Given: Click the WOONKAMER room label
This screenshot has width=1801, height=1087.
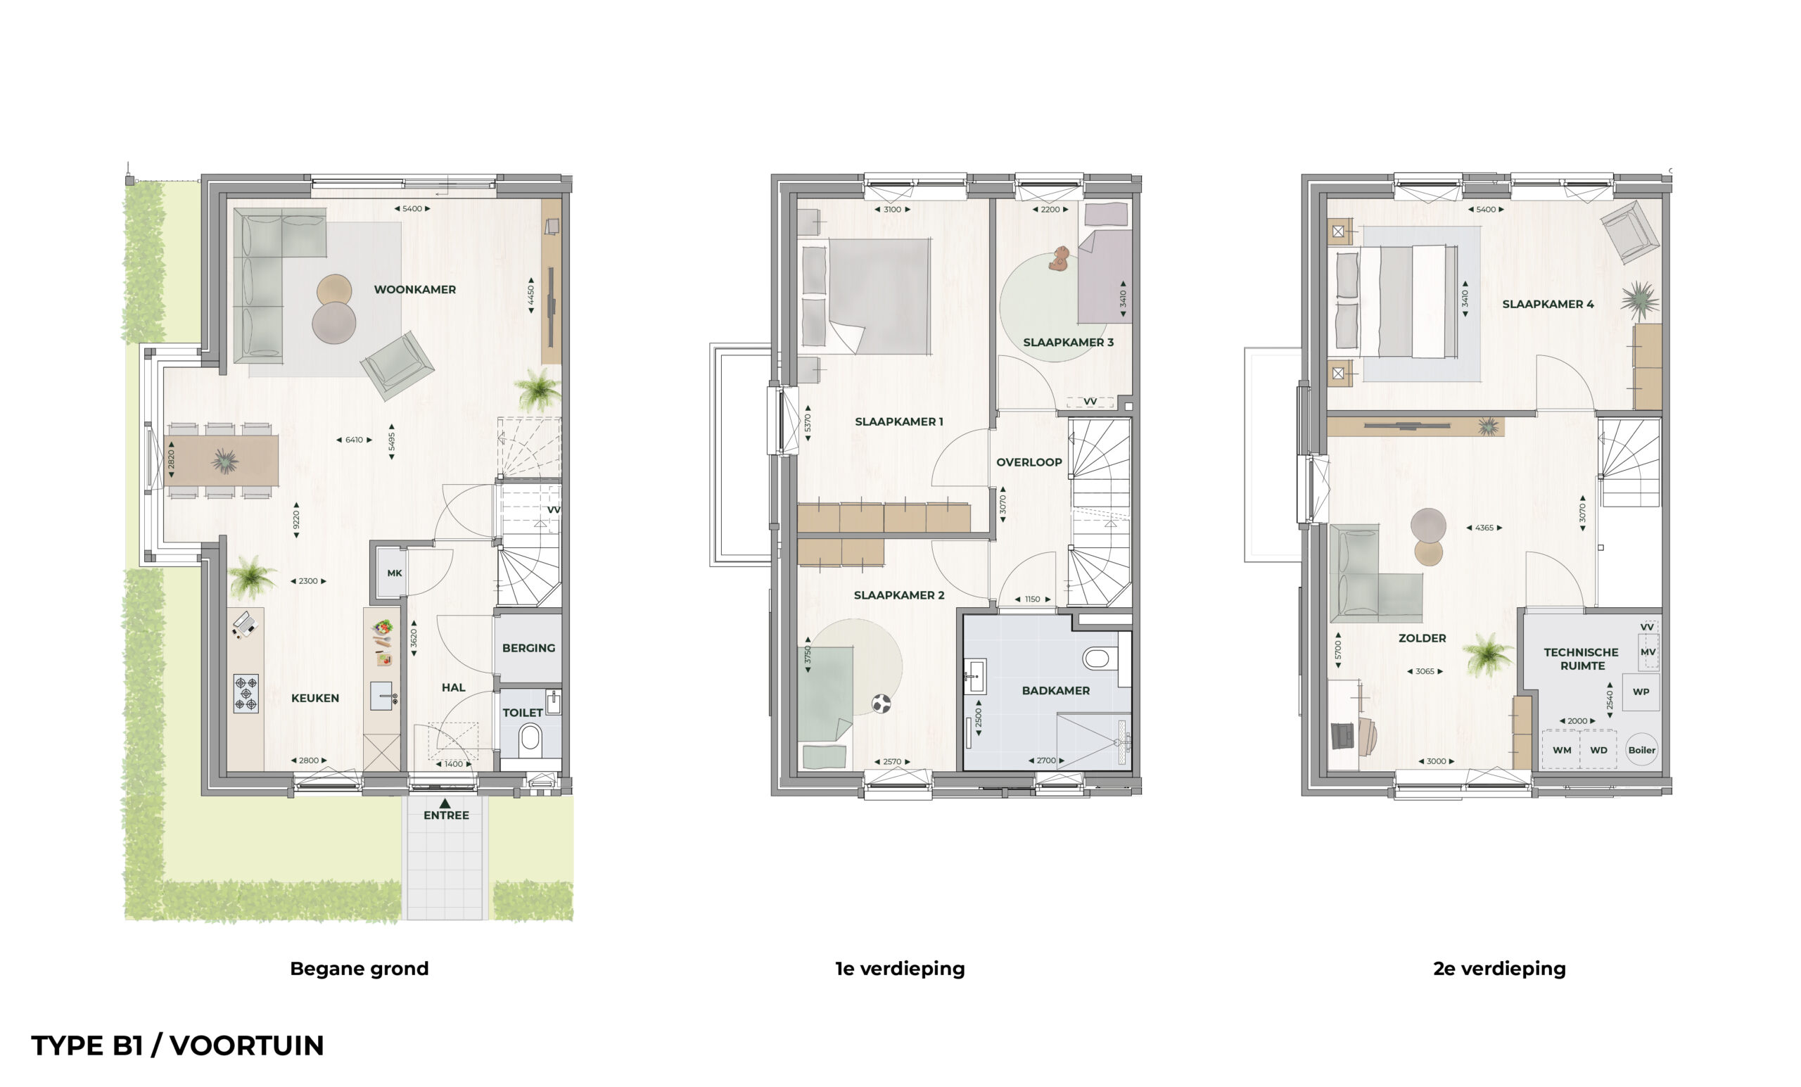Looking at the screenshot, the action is pos(414,289).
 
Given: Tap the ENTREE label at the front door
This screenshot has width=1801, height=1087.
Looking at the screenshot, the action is pos(446,815).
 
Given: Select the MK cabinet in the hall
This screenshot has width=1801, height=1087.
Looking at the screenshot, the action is pos(394,573).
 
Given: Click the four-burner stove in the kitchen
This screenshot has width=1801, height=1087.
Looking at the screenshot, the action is pos(246,693).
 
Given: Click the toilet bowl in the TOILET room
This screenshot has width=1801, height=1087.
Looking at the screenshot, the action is pos(530,739).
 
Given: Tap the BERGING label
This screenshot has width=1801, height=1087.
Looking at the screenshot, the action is pos(528,648).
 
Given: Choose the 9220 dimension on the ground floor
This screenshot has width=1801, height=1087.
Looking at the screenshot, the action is pos(296,520).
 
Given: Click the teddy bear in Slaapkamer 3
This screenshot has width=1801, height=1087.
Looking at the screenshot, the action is pos(1058,258).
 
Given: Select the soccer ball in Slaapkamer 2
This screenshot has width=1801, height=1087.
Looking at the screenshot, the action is pos(882,704).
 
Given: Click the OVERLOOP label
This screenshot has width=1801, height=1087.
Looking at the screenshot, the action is pos(1029,462).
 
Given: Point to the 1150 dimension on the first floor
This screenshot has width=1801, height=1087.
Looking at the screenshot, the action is pos(1032,599).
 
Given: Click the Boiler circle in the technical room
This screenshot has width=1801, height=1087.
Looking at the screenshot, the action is pos(1642,749).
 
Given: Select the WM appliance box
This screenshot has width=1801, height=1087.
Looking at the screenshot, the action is pos(1561,750).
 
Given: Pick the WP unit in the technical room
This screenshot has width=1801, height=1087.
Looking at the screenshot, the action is pos(1641,692).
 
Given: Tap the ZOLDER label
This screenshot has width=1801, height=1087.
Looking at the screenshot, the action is pos(1422,638).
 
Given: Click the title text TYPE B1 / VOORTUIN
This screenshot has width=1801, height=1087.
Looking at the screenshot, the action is pos(177,1045).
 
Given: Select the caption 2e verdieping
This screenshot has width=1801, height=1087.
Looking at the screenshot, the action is pos(1499,969).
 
